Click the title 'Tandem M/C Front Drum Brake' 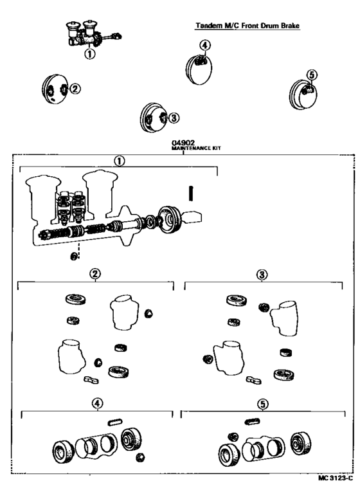point(248,26)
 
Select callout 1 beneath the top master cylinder point(90,54)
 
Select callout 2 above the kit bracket point(94,273)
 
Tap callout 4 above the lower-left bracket point(96,404)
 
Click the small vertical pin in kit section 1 point(191,193)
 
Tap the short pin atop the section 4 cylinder point(116,422)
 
